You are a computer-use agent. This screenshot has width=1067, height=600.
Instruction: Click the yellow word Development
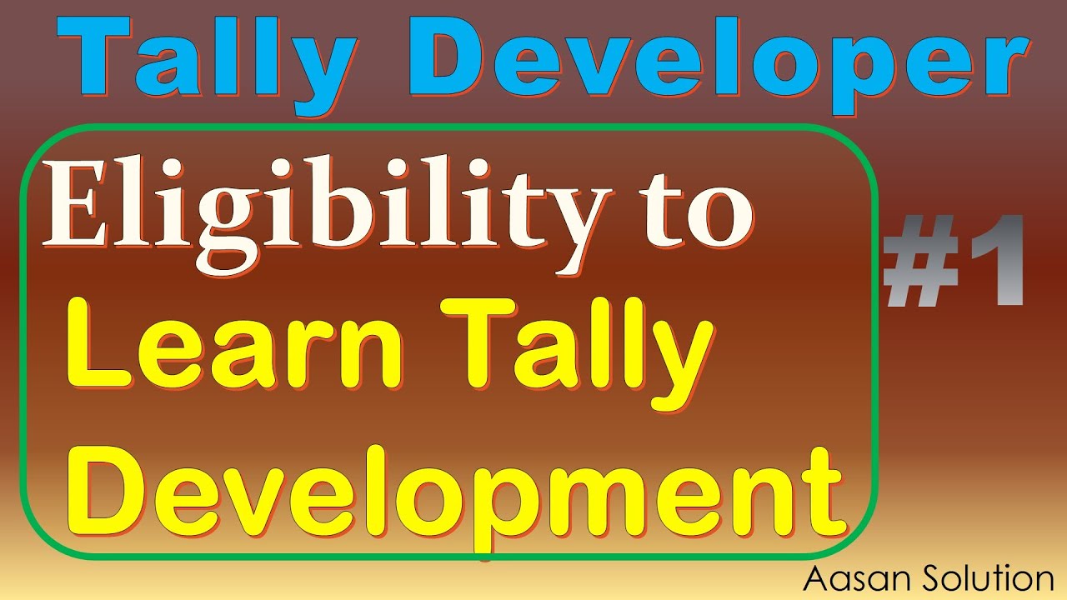[x=467, y=492]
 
